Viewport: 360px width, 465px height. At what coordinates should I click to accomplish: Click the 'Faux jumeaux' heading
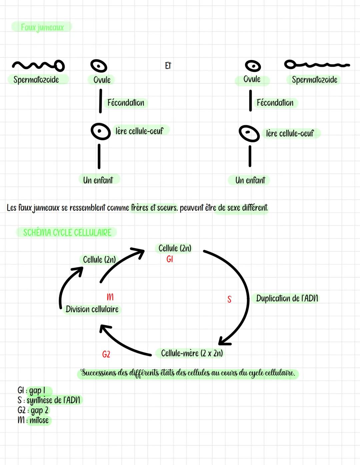42,27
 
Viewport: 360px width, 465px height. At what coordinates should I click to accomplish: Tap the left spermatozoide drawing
38,65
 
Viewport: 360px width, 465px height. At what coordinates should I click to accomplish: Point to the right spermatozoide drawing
317,64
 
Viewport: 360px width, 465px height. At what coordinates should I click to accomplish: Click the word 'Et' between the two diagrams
168,66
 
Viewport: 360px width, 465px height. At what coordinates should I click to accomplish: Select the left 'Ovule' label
102,80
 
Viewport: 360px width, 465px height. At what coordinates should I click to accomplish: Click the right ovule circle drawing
253,66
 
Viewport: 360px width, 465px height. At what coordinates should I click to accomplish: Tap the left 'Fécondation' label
126,103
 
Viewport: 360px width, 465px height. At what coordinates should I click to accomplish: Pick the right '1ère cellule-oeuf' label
290,134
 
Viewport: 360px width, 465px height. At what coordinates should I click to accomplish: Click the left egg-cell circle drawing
100,131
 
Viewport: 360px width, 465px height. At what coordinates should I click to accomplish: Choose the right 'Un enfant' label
250,180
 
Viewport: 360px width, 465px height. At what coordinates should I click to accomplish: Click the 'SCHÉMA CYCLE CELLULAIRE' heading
67,232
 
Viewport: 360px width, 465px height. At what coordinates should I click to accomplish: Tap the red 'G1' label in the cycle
170,259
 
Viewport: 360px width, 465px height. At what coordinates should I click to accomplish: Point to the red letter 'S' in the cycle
229,299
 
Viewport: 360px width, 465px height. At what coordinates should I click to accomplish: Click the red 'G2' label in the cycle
106,354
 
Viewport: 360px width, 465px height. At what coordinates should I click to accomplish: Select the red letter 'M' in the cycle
110,297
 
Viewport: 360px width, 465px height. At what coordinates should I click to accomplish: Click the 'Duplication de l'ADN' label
287,298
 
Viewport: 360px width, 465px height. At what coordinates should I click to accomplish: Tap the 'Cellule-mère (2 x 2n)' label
192,353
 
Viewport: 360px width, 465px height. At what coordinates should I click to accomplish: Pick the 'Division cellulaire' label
92,309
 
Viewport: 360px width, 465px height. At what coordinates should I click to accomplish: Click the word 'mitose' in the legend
39,420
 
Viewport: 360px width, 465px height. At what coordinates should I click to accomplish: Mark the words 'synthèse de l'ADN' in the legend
53,400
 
